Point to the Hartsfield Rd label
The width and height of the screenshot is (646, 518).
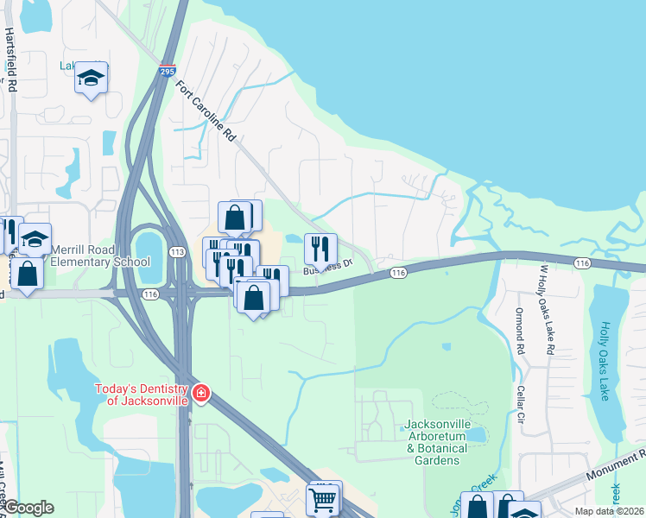click(x=11, y=60)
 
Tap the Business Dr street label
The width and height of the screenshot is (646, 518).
click(x=328, y=267)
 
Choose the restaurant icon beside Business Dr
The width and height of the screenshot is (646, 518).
click(x=320, y=249)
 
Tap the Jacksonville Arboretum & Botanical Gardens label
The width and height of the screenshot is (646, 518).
click(x=434, y=442)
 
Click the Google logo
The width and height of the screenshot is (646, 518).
click(x=28, y=508)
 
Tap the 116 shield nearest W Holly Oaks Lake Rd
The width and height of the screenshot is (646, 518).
click(x=582, y=262)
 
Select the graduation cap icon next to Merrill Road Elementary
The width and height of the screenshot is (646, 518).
click(x=35, y=238)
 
